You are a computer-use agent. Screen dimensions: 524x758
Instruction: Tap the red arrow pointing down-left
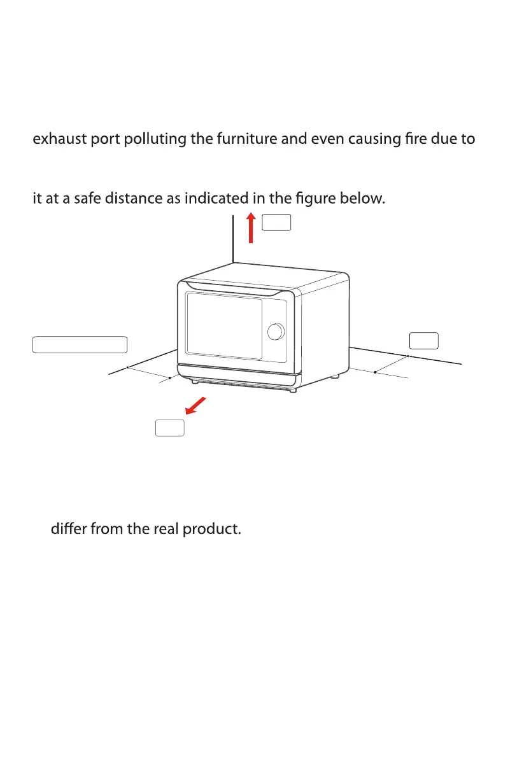(197, 406)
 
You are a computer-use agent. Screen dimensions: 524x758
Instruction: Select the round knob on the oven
(276, 331)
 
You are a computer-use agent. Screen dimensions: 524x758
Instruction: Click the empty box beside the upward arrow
(277, 222)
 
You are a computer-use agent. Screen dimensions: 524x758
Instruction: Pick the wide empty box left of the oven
(80, 344)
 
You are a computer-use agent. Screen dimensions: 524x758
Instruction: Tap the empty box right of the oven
(423, 340)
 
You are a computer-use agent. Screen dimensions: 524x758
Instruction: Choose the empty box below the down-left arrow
(170, 428)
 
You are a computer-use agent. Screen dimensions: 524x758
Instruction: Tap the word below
(365, 199)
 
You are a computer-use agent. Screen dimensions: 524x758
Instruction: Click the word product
(211, 530)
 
